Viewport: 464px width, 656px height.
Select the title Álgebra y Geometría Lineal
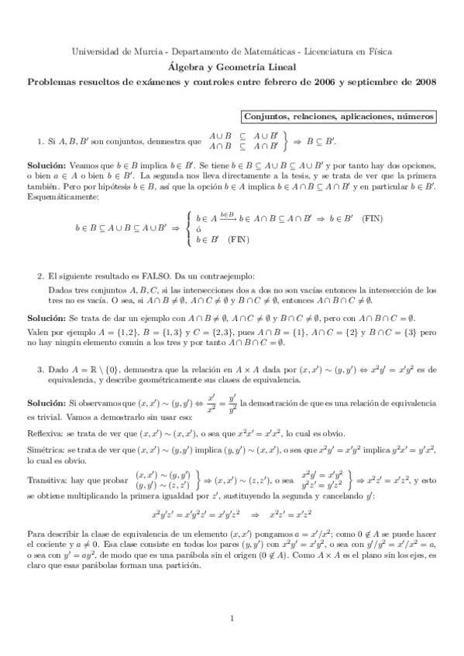232,67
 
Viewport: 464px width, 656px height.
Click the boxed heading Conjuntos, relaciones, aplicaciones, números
339,116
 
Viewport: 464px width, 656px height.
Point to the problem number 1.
40,142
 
